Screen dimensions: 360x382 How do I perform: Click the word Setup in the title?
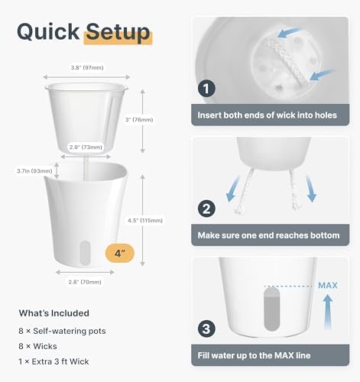118,32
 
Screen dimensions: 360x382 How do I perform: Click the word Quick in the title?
48,32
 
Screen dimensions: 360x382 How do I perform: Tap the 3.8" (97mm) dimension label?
87,68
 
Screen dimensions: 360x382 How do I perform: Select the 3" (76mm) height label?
139,120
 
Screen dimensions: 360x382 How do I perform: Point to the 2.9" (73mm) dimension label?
86,147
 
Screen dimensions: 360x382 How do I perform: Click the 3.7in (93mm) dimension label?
34,171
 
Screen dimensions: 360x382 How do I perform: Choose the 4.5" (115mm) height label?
145,221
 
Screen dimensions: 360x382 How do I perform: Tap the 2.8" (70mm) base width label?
85,282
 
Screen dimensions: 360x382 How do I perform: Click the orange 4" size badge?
120,253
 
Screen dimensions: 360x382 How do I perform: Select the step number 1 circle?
206,89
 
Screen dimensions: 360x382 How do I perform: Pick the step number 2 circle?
206,209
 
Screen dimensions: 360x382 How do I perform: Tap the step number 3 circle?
206,329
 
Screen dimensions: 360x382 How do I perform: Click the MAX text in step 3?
328,286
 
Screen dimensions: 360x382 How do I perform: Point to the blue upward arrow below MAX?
328,312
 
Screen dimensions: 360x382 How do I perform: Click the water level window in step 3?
272,309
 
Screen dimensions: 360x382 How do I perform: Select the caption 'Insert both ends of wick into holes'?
268,115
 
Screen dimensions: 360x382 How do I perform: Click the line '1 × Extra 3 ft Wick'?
54,361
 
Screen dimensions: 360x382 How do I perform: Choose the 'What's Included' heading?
54,313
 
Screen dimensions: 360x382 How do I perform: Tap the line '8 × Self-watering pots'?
62,331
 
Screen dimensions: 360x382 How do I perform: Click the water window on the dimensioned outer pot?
85,253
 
